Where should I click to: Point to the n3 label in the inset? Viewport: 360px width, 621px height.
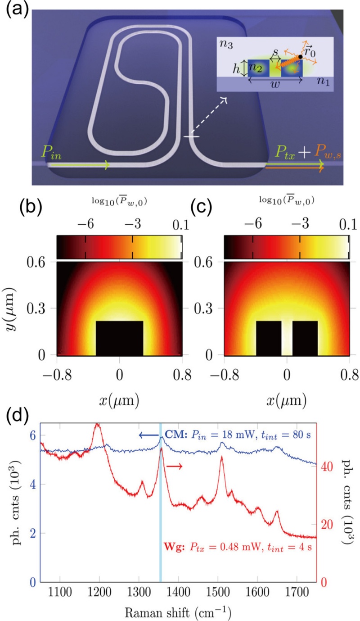click(226, 44)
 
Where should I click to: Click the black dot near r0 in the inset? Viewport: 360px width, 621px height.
click(301, 57)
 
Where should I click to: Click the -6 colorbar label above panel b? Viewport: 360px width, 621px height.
click(86, 224)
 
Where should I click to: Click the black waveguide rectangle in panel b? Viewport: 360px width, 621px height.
click(119, 338)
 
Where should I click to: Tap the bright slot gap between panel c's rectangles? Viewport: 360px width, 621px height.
click(287, 338)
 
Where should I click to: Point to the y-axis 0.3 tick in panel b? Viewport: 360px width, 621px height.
click(36, 308)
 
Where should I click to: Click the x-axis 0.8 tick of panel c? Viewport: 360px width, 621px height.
click(349, 375)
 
